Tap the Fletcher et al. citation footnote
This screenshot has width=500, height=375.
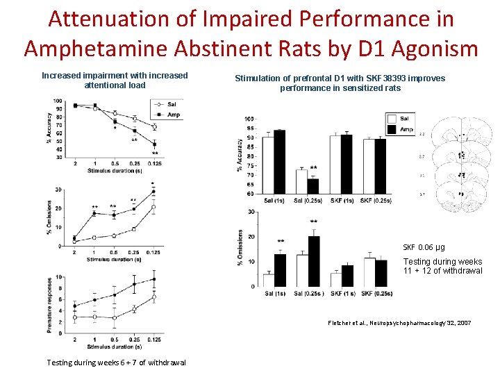[399, 323]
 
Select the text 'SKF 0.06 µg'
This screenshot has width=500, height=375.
[424, 247]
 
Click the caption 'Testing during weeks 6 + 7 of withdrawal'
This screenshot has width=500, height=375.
[116, 362]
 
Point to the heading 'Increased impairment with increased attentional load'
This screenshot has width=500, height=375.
[115, 80]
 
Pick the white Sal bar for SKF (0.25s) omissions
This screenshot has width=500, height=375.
[369, 272]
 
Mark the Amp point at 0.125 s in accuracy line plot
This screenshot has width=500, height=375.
[154, 144]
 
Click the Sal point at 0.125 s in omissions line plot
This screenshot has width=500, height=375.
[153, 207]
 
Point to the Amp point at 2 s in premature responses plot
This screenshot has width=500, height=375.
[74, 306]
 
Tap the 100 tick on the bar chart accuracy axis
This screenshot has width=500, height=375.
[249, 119]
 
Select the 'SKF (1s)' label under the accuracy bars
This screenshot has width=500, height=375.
[341, 201]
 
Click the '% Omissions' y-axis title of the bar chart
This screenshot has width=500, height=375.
[241, 248]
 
